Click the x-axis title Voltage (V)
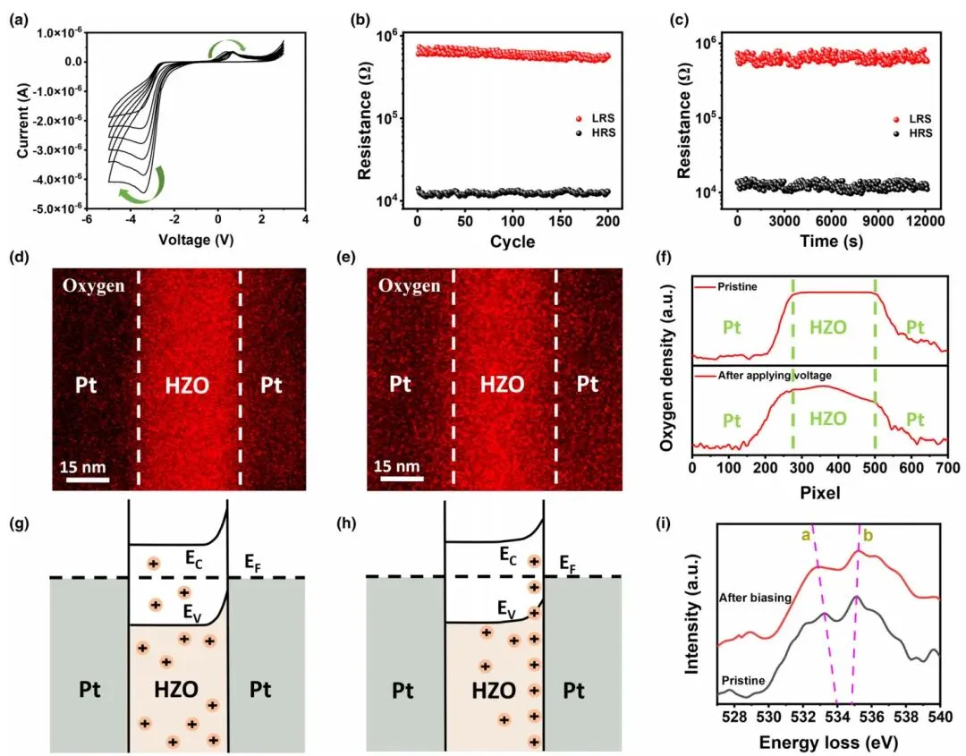pyautogui.click(x=196, y=240)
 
